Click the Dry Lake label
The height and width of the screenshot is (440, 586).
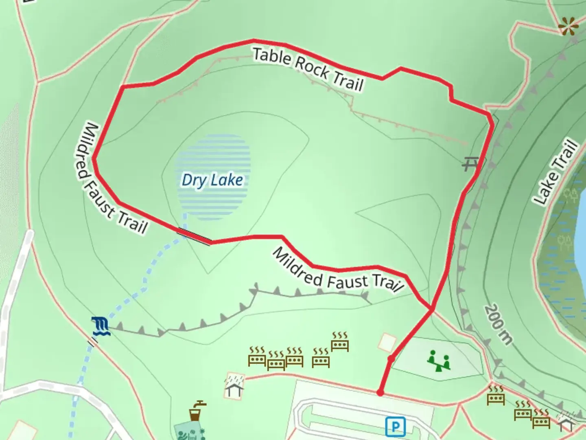coord(212,180)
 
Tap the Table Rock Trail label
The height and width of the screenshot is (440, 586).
coord(308,69)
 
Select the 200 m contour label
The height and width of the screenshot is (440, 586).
coord(497,324)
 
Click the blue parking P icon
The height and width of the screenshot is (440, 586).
coord(394,427)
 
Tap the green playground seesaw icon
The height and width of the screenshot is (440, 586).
coord(438,361)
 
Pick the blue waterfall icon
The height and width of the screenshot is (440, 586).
coord(100,326)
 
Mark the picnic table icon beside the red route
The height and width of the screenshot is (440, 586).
coord(470,164)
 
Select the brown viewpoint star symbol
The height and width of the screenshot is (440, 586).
coord(568,26)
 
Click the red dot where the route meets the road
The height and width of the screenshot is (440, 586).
coord(380,393)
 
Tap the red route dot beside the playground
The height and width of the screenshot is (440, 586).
coord(391,359)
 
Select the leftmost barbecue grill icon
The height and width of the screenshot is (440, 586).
coord(257,357)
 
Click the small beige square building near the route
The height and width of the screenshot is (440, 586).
coord(387,342)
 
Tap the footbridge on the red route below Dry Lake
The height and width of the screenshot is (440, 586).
coord(194,237)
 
